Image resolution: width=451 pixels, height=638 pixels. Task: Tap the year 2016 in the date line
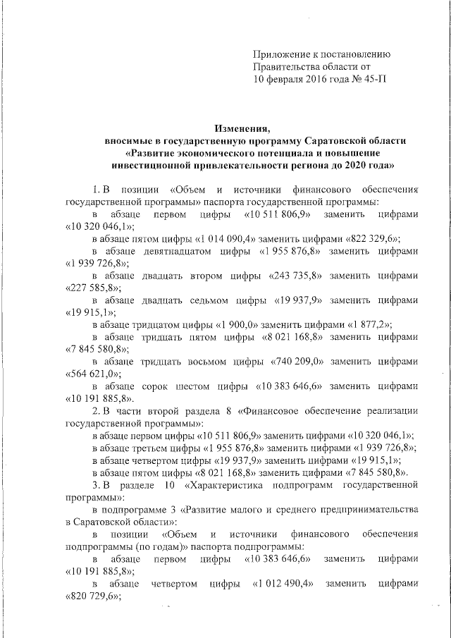[315, 79]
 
